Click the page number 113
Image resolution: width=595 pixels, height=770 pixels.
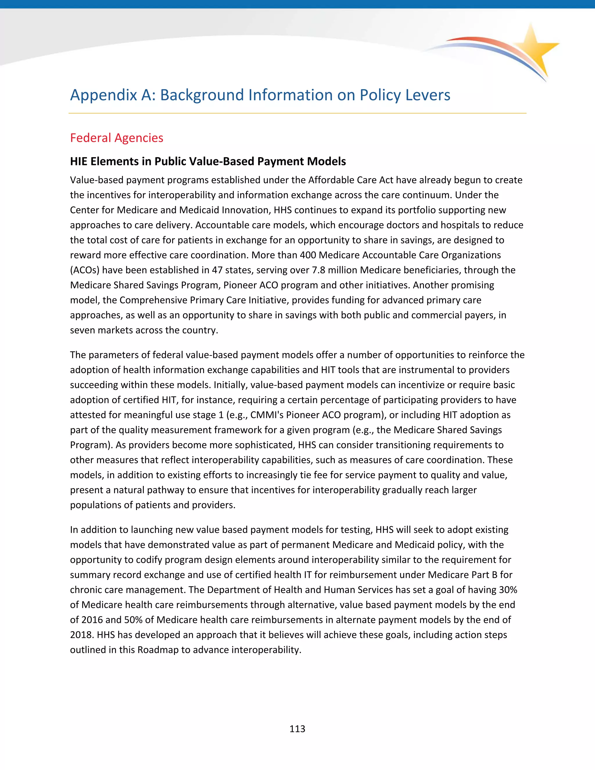297,729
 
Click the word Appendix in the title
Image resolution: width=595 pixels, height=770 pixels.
103,95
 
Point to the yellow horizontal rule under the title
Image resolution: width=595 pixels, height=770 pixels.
297,113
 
